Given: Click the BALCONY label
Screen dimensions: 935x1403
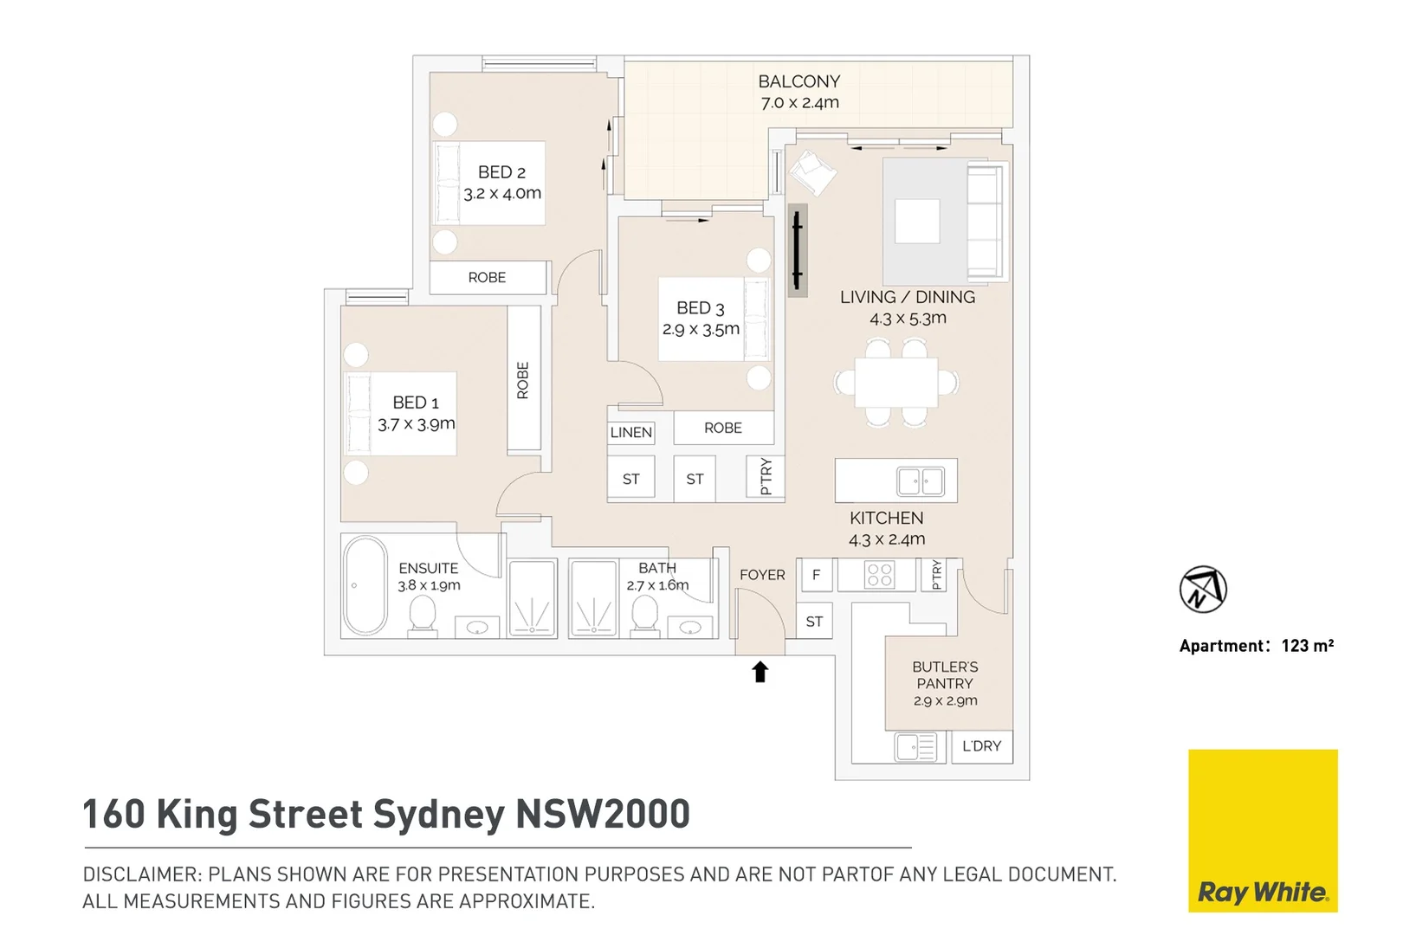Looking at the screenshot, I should pos(798,82).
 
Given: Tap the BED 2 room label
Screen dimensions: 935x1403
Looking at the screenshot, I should pos(501,172).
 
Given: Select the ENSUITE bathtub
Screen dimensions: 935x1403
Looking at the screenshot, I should pos(365,586).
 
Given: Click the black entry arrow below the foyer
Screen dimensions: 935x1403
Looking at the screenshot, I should pos(760,671).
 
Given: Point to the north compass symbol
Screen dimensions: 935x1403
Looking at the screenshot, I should pos(1203,590).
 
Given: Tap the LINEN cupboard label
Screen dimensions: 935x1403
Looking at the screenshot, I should pos(630,432).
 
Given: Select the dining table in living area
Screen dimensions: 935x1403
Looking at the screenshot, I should pos(895,383).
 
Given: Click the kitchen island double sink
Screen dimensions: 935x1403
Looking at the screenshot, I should pos(920,480).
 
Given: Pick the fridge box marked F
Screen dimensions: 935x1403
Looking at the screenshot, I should pos(816,575).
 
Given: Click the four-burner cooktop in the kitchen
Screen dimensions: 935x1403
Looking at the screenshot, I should pos(879,575).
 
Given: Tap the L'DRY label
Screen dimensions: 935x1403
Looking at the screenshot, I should pos(981,746).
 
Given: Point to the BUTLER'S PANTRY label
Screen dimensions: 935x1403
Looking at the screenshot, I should pos(945,675).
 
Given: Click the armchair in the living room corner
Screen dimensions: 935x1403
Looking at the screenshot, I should pos(811,171).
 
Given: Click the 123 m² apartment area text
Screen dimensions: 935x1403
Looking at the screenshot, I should pos(1307,646).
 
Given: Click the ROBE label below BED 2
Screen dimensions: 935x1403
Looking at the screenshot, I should pos(487,278).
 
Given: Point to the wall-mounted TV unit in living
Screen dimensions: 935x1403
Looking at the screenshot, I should pos(797,251).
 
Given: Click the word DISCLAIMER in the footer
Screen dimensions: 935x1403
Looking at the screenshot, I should pos(141,874).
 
